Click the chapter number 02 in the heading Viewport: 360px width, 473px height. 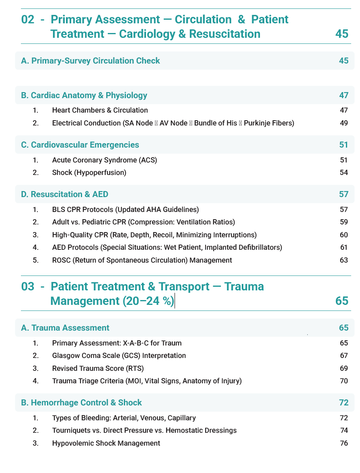click(x=28, y=19)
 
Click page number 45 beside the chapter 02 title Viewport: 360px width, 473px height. click(x=341, y=34)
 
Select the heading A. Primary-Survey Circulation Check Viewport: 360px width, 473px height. click(x=91, y=61)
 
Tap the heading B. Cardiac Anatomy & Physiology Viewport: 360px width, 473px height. click(x=84, y=95)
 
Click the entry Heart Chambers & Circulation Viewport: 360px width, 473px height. click(x=100, y=110)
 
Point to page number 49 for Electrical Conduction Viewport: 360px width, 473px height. click(x=344, y=123)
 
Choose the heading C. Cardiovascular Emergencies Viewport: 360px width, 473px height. click(x=80, y=145)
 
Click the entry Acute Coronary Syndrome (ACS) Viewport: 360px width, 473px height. click(x=105, y=160)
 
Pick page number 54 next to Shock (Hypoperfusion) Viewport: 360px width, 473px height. click(x=344, y=173)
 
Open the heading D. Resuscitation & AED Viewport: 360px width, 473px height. click(x=65, y=194)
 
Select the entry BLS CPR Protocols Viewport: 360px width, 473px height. click(x=125, y=210)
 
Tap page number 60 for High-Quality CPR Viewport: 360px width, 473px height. click(x=344, y=235)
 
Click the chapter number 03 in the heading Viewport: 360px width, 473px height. click(x=28, y=287)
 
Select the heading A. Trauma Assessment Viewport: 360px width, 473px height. click(x=65, y=328)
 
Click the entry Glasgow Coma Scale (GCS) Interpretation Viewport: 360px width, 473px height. click(x=119, y=356)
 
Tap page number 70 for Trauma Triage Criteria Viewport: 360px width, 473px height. click(x=344, y=380)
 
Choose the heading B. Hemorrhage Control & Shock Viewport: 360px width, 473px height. click(x=81, y=403)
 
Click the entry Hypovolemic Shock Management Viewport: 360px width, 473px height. click(x=106, y=443)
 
